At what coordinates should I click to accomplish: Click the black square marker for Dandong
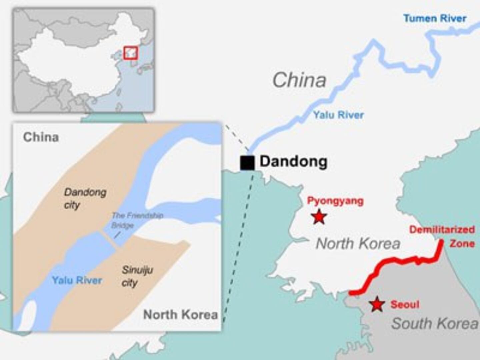click(247, 163)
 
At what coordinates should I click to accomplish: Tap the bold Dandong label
click(293, 161)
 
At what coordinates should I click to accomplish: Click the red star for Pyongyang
click(319, 217)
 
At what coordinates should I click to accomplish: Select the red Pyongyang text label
click(335, 201)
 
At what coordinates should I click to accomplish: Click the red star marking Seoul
click(377, 304)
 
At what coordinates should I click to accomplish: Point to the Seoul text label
click(405, 304)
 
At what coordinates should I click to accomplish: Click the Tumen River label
click(435, 18)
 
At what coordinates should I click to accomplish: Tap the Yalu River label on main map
click(338, 115)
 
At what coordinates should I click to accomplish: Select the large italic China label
click(299, 80)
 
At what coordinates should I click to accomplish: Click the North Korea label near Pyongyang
click(358, 244)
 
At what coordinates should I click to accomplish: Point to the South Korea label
click(434, 323)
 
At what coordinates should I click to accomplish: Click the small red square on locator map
click(130, 53)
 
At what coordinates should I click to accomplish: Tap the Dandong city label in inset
click(84, 198)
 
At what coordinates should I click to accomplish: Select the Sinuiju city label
click(137, 276)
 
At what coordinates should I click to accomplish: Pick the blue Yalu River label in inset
click(77, 280)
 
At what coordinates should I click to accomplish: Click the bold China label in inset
click(41, 137)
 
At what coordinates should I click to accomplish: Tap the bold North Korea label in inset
click(180, 314)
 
